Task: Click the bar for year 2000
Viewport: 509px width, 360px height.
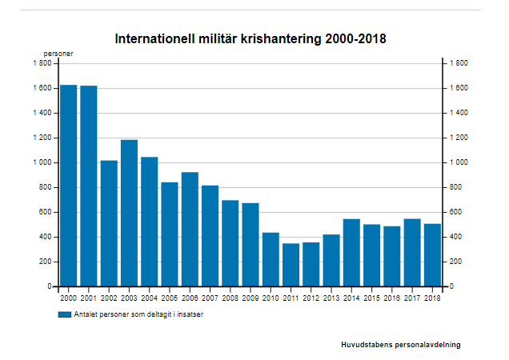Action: tap(69, 186)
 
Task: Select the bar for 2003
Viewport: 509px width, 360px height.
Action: tap(129, 213)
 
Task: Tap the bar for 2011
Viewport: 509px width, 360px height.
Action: tap(291, 265)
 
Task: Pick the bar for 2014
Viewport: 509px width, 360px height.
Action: tap(351, 252)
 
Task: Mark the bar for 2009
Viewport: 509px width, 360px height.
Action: tap(250, 244)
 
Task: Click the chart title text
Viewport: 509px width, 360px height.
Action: tap(250, 38)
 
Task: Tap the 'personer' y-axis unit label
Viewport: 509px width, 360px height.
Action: tap(58, 54)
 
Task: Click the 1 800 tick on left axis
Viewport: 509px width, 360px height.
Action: tap(42, 63)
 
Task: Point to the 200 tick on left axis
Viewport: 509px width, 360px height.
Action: tap(45, 262)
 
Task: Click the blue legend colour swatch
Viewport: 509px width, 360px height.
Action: tap(65, 314)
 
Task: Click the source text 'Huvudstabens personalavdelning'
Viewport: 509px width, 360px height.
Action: tap(400, 345)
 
